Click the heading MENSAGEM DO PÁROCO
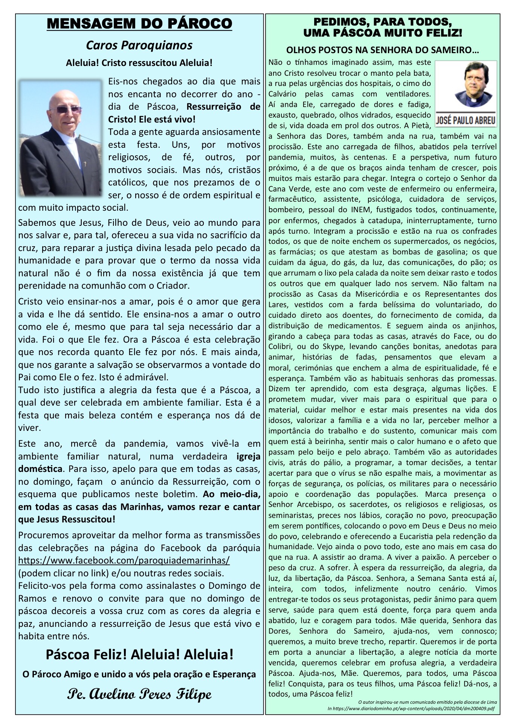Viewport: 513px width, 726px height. pos(139,25)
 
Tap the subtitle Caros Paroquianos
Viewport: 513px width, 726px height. pos(139,46)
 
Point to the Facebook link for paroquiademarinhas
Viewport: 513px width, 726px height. pos(124,561)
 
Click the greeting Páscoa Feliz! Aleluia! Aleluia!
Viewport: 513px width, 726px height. pos(139,655)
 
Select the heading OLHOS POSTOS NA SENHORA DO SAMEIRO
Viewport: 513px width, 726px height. pos(382,50)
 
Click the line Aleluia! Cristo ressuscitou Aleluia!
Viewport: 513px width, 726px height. pos(139,63)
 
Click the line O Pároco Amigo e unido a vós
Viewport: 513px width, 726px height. pos(139,674)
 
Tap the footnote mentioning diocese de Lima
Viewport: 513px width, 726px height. pos(427,702)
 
